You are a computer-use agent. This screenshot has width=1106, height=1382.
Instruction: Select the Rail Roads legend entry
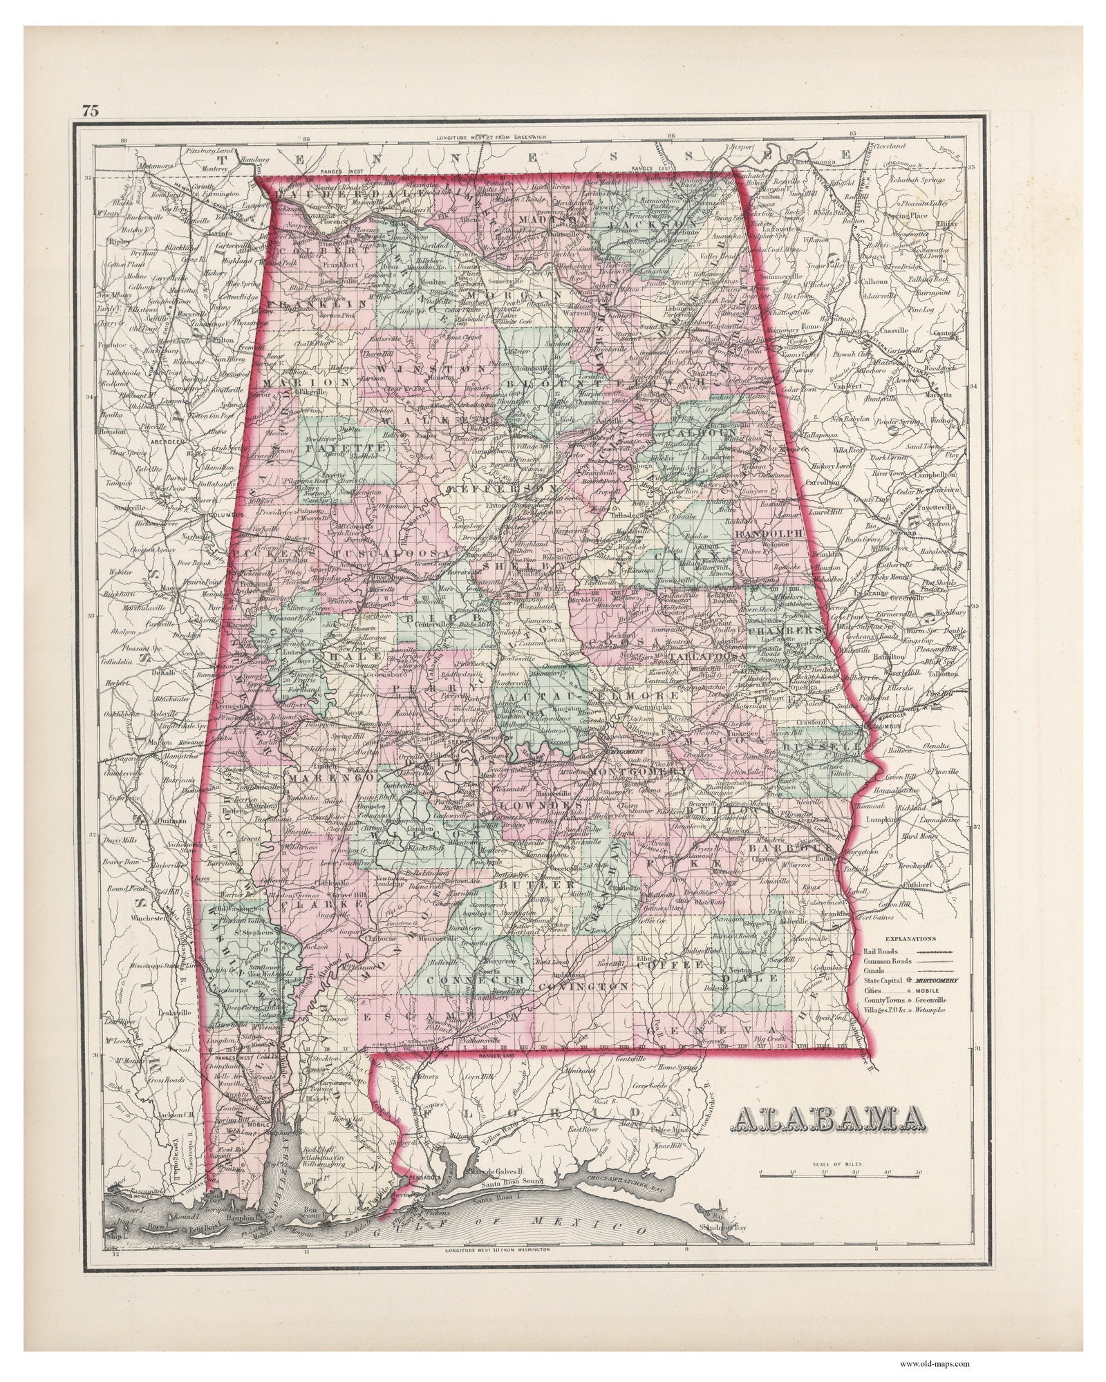[x=881, y=951]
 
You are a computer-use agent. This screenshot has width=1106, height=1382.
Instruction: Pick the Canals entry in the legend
[x=875, y=970]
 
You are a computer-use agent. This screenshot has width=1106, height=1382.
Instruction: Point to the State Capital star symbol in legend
[x=911, y=981]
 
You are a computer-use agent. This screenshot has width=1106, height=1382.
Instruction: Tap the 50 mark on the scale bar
[x=918, y=1172]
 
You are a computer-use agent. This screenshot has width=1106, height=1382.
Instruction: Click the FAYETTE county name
[x=328, y=448]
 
